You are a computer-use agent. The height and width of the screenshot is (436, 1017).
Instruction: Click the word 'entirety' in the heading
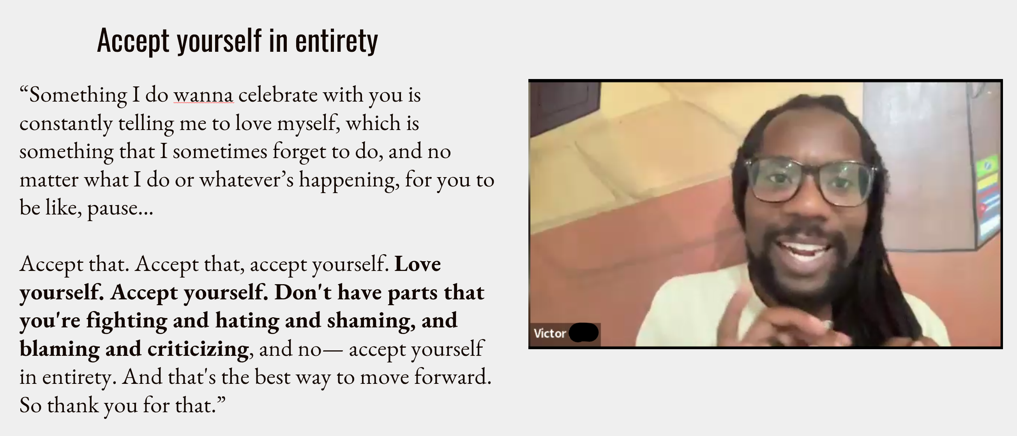[336, 41]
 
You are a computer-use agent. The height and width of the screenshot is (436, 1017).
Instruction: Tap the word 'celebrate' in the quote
[278, 95]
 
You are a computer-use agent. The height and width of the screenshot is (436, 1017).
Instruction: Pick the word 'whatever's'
[246, 180]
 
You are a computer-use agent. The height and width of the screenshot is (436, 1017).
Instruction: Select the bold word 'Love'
[418, 264]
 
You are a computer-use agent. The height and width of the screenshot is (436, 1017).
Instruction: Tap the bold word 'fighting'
[127, 321]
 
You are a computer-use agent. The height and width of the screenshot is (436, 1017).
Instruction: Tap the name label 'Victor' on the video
[549, 333]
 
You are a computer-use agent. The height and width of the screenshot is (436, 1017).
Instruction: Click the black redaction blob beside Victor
[584, 332]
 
